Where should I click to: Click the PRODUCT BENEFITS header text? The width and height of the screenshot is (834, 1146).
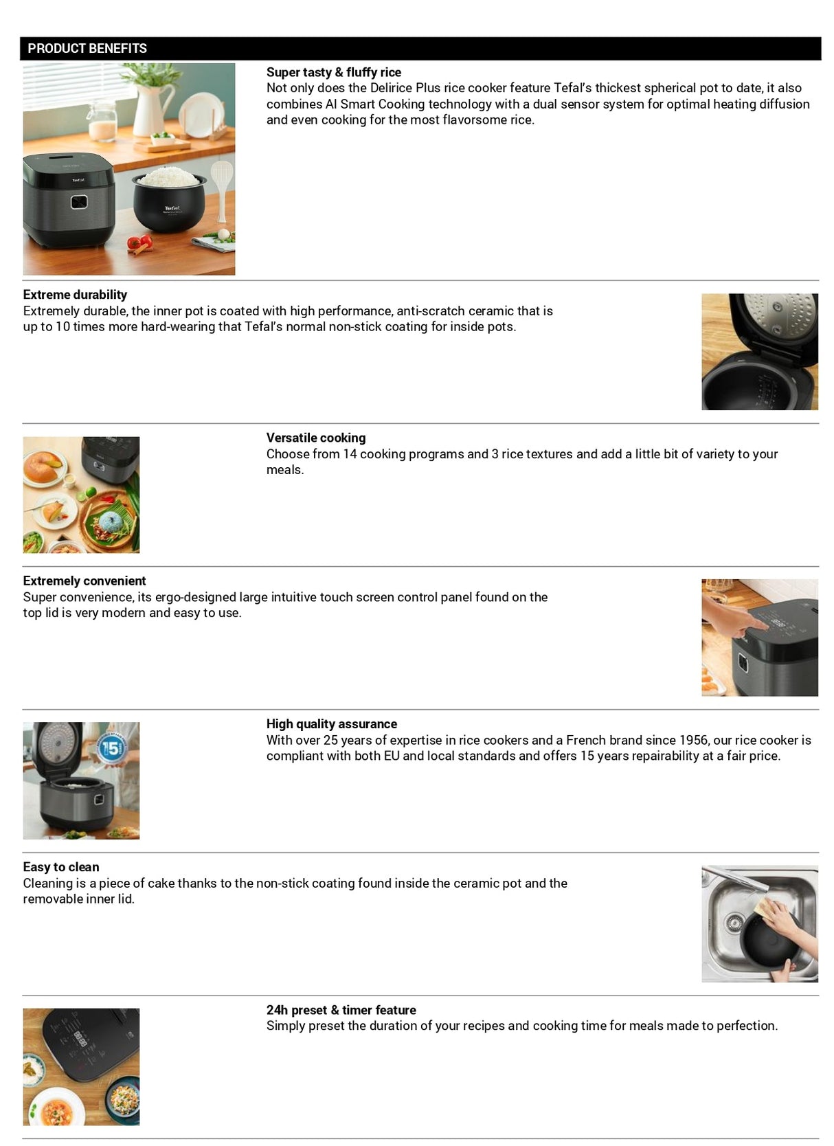tap(87, 48)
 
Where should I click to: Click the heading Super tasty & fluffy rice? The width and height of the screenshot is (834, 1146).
tap(333, 72)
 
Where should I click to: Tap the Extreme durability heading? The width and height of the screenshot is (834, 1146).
tap(75, 295)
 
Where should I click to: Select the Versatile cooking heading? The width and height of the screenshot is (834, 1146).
tap(316, 438)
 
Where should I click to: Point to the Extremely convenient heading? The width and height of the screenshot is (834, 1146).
tap(84, 581)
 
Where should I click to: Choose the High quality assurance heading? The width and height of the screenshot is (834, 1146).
tap(332, 723)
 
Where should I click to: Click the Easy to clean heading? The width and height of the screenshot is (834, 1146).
tap(61, 866)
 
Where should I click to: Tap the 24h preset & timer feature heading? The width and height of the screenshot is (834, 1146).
tap(341, 1009)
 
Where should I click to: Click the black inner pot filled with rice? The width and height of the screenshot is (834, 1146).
tap(169, 203)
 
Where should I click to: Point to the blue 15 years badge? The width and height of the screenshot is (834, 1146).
tap(111, 748)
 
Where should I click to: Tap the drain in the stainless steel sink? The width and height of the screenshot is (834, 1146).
tap(735, 921)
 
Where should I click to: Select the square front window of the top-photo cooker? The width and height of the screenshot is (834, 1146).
tap(78, 203)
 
